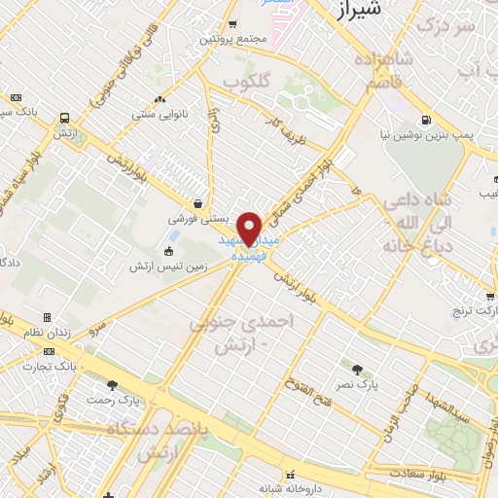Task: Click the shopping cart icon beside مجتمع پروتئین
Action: pos(231,24)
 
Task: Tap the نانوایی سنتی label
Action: pos(160,113)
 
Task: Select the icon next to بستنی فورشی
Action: pos(199,204)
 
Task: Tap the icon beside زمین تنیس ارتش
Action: pos(169,251)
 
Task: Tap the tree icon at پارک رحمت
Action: pos(113,385)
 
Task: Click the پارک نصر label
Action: pos(356,385)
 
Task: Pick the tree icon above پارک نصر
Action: pos(357,370)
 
